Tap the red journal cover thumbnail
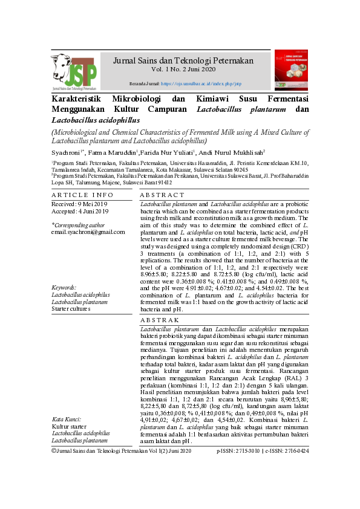(x=291, y=71)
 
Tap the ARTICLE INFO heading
(x=82, y=195)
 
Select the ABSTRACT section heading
(x=162, y=195)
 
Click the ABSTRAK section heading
(x=160, y=319)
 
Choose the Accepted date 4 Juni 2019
(x=80, y=212)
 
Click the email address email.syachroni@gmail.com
(x=88, y=232)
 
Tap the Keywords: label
(x=64, y=288)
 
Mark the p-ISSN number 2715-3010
(x=249, y=468)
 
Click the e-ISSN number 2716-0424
(x=295, y=468)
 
